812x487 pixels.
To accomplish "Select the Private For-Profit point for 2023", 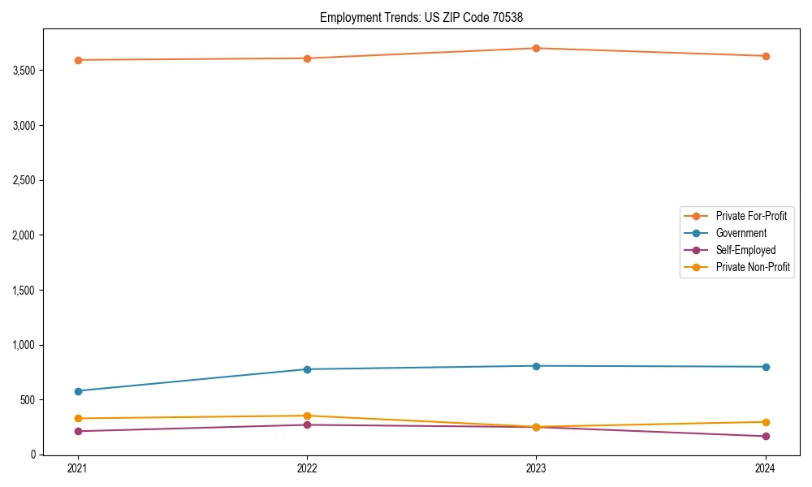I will click(x=536, y=48).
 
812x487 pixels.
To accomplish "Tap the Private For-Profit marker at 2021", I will click(x=78, y=60).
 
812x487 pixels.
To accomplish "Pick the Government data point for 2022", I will click(x=307, y=369).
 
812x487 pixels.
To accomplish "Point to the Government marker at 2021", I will click(x=78, y=391).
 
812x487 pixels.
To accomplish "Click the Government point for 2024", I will click(x=765, y=367).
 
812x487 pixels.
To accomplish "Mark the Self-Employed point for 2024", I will click(x=765, y=437).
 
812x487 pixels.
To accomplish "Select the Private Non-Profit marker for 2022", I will click(x=307, y=416).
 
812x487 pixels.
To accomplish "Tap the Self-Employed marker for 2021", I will click(x=78, y=431).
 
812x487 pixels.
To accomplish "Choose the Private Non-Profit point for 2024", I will click(x=765, y=422).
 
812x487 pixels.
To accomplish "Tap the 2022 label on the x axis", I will click(x=307, y=468).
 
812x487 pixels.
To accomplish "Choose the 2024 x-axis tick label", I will click(x=765, y=468).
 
